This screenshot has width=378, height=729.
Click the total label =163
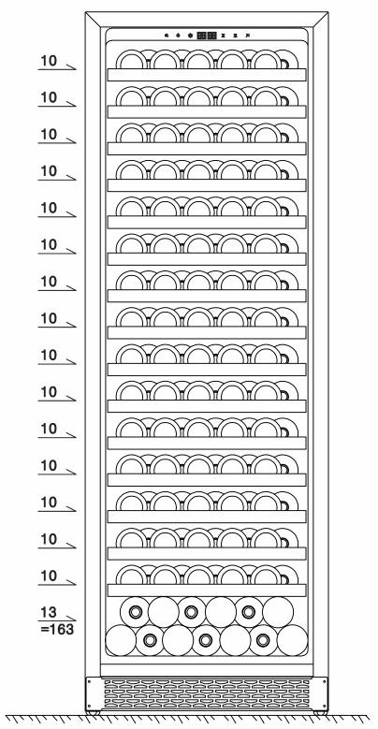point(57,630)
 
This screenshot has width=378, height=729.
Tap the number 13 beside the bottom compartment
point(49,613)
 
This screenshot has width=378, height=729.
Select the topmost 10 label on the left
point(49,61)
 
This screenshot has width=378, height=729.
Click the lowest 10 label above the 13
point(49,576)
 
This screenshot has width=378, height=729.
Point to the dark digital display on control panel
point(207,35)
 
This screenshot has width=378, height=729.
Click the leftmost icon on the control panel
point(166,35)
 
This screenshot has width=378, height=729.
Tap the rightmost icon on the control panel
point(248,35)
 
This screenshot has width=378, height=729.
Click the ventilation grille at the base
point(207,693)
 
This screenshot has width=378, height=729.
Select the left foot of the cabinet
point(93,713)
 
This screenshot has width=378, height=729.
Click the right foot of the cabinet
point(320,713)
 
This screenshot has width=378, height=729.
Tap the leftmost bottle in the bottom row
point(121,640)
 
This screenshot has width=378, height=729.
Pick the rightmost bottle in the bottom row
point(293,640)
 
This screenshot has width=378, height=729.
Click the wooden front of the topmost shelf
point(207,75)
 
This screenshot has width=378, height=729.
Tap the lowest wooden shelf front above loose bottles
point(207,590)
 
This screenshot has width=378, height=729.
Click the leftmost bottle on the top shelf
point(132,60)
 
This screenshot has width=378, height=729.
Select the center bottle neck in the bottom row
point(206,640)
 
